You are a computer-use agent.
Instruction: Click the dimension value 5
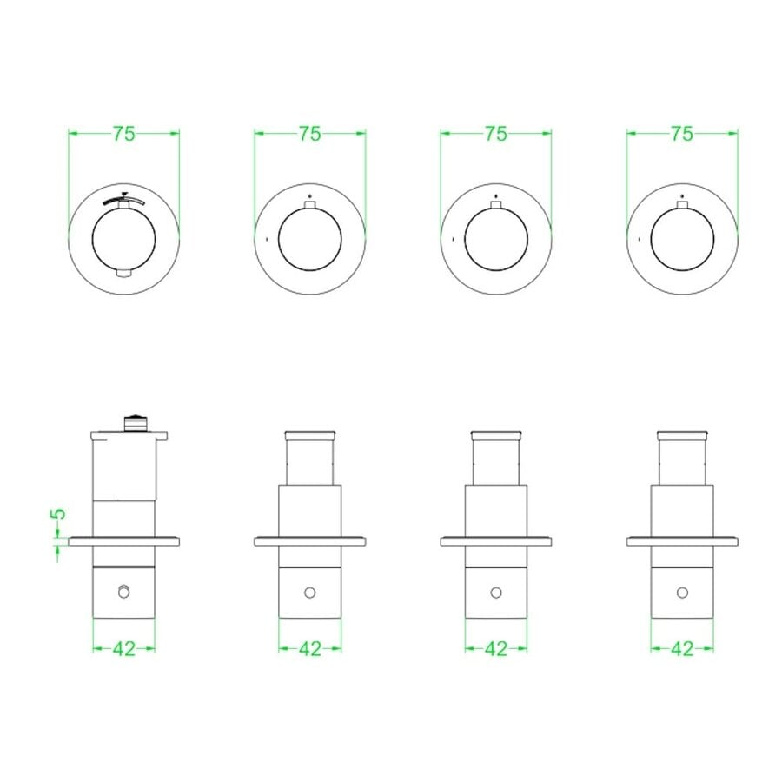[59, 514]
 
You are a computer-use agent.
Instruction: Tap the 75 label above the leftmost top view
[123, 134]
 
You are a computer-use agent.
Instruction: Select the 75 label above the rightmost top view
[682, 134]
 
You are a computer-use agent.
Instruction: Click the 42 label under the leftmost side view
[123, 649]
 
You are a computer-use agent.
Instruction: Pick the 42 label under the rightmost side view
[682, 649]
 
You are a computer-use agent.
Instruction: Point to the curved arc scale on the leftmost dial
[124, 200]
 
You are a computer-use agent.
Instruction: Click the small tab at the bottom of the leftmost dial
[123, 274]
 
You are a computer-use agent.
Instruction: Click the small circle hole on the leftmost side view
[123, 592]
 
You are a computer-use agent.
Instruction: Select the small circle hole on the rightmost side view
[682, 593]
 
